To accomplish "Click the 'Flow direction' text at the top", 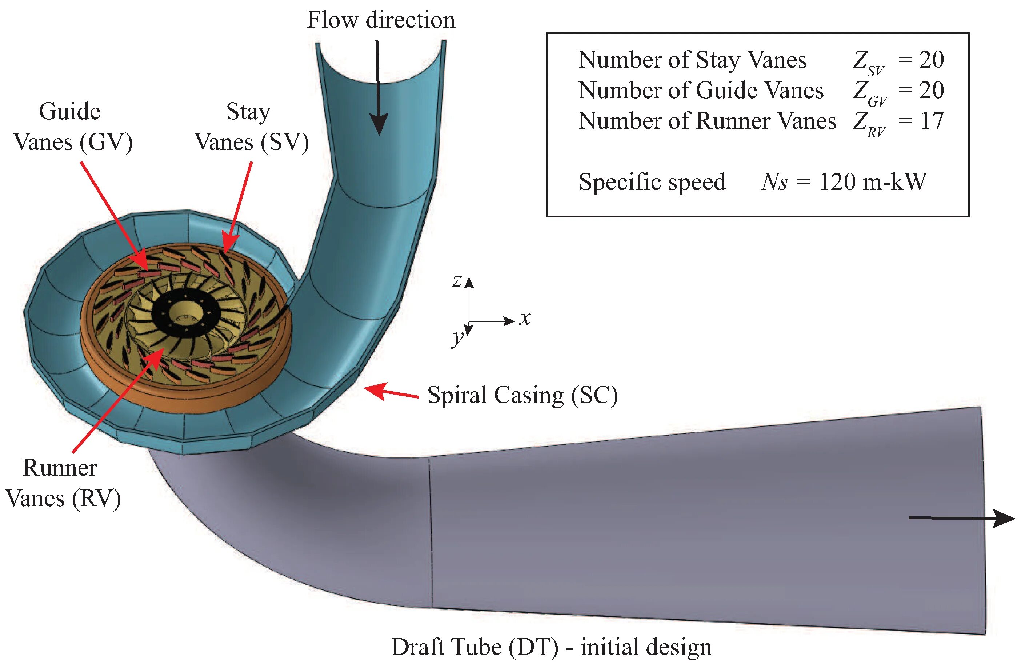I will click(x=381, y=20).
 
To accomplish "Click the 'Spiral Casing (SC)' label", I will click(x=522, y=395).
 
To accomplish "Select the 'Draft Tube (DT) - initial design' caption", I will click(x=551, y=647).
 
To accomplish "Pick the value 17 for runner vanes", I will click(x=931, y=121).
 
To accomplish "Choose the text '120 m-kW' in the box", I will click(x=872, y=182).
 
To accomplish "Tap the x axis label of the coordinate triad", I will click(x=525, y=318).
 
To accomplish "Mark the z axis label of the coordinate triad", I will click(x=457, y=281).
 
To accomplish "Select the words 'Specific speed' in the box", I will click(x=652, y=182).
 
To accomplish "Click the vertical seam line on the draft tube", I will click(x=430, y=532).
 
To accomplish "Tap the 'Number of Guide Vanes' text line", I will click(x=701, y=91).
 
